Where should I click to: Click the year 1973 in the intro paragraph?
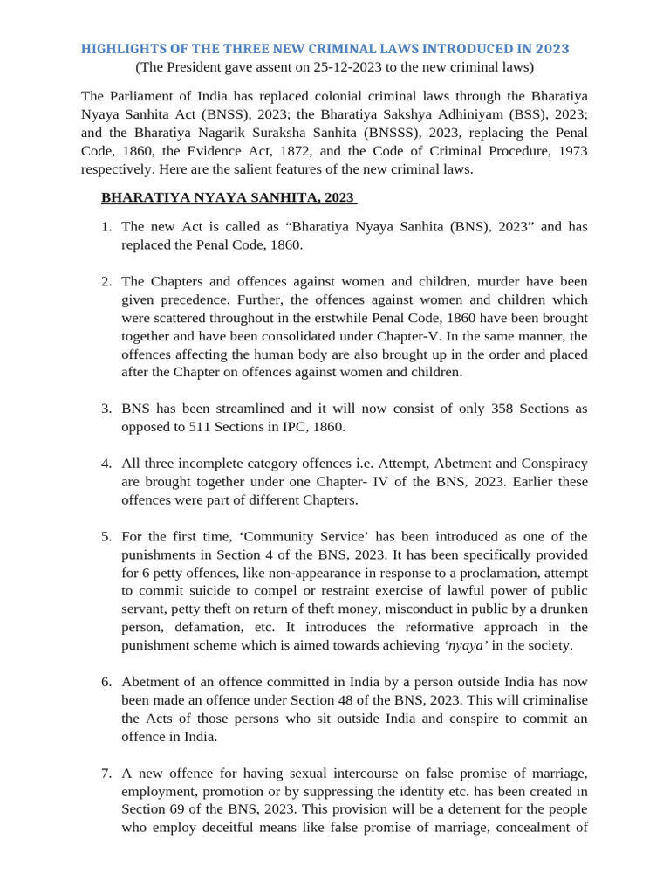(x=567, y=151)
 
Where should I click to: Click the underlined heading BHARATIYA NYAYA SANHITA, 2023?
(x=228, y=197)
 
